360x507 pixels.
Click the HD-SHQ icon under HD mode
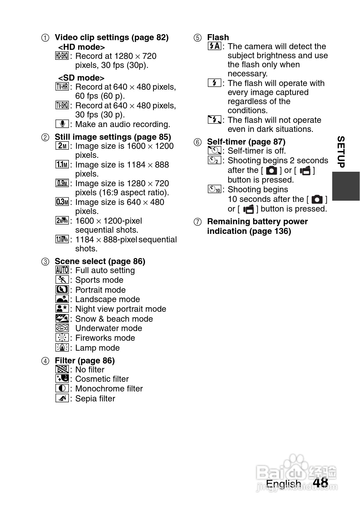click(62, 56)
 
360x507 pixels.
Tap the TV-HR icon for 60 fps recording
click(62, 87)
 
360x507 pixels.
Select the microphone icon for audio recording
click(62, 124)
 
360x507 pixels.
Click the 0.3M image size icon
click(62, 202)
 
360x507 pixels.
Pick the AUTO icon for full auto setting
click(62, 270)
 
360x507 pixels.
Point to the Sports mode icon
click(62, 280)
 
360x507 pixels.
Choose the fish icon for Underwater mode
click(62, 328)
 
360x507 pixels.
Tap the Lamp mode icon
click(62, 347)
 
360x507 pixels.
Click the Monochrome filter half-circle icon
click(62, 388)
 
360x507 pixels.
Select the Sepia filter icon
click(62, 398)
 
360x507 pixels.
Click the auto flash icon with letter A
click(215, 46)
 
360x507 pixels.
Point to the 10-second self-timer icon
click(215, 190)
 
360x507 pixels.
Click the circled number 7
click(197, 222)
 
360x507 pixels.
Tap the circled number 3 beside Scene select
click(45, 262)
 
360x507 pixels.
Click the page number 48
click(320, 482)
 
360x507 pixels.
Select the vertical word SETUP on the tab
click(341, 152)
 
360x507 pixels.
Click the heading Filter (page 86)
click(85, 361)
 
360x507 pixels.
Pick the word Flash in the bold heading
click(218, 37)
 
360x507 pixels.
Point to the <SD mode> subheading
click(81, 78)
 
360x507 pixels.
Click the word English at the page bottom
click(283, 484)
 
